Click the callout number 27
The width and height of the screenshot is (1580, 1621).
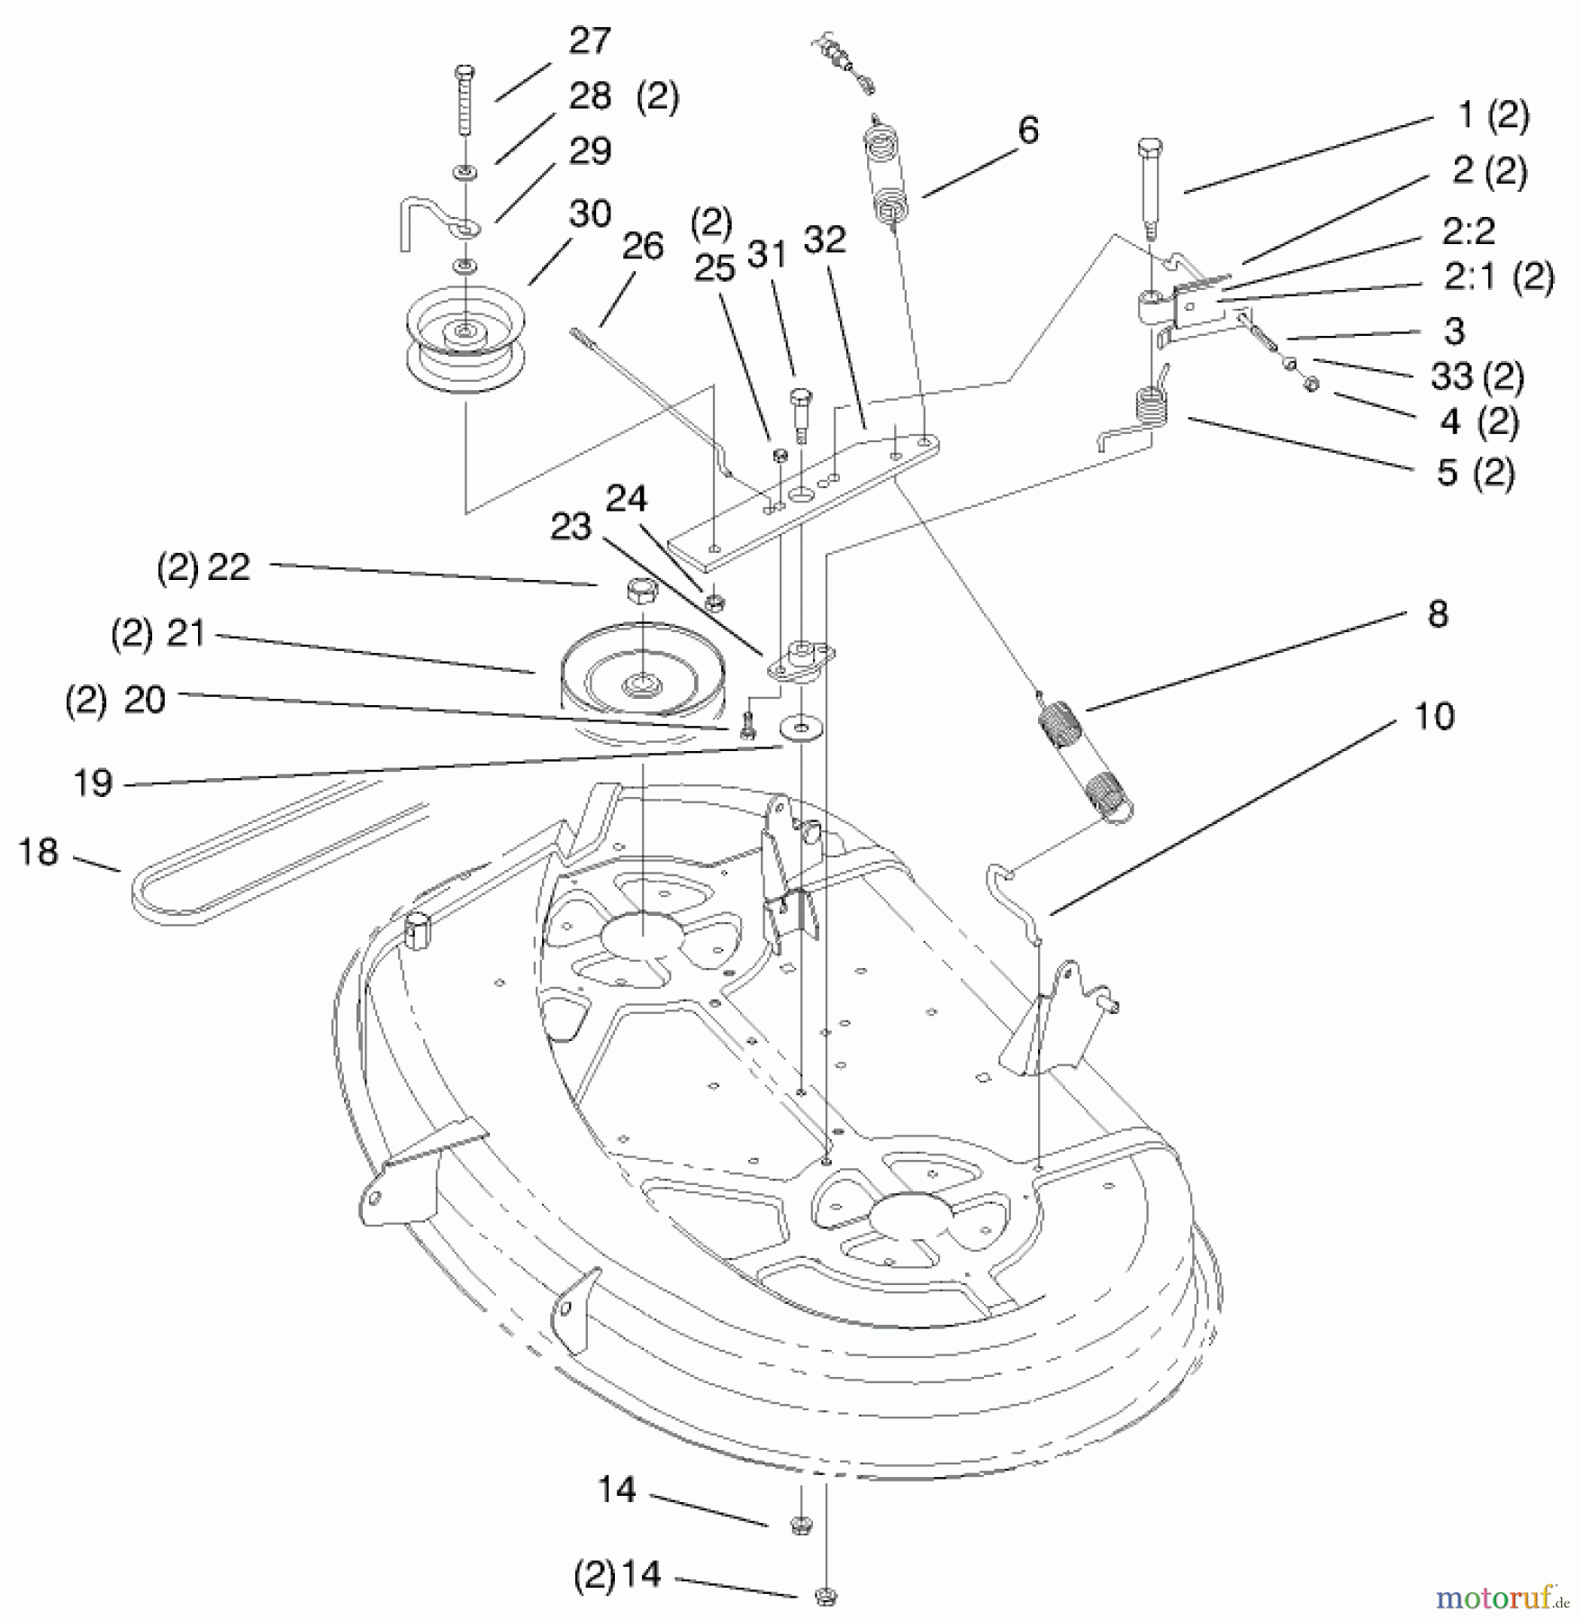[x=590, y=41]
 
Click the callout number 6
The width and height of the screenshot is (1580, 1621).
[x=1028, y=131]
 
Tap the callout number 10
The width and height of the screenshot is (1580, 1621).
[x=1434, y=717]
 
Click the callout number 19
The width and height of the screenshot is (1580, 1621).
[x=93, y=783]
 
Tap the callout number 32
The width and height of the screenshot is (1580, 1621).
[x=825, y=240]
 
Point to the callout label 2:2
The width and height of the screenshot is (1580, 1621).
[x=1468, y=231]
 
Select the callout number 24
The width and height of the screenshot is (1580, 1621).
[x=626, y=498]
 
